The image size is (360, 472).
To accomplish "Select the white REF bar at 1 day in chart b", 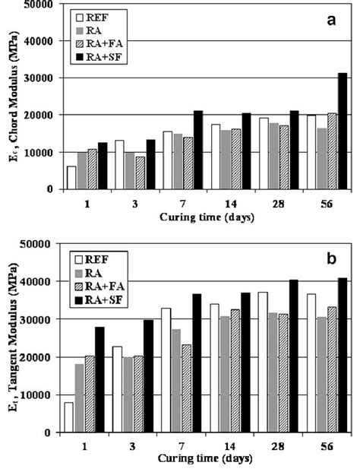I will (x=68, y=417).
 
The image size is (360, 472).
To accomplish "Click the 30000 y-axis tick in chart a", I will (x=43, y=78).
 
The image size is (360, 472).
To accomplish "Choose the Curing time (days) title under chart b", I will (x=201, y=459).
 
